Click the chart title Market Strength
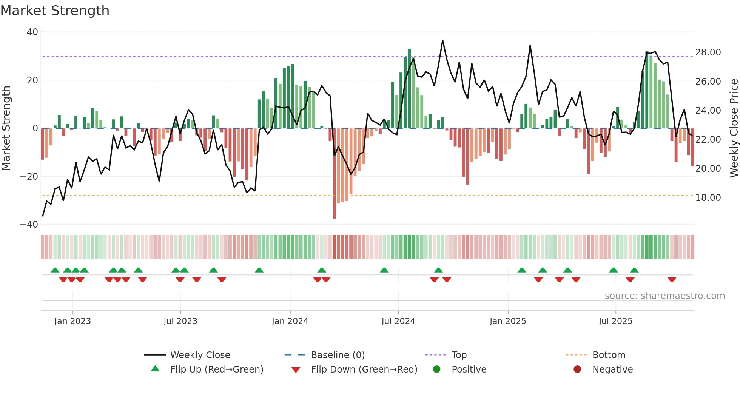(x=55, y=11)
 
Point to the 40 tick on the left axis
(x=32, y=32)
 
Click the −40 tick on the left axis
(x=29, y=225)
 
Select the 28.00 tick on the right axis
(x=708, y=52)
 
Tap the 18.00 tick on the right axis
(x=708, y=198)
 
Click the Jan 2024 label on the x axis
(x=290, y=321)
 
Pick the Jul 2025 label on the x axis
(x=615, y=321)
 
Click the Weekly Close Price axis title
(x=734, y=128)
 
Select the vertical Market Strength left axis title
(x=6, y=128)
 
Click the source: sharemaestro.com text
(x=664, y=296)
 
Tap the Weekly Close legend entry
(x=200, y=355)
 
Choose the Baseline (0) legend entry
(x=338, y=355)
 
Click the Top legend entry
(x=459, y=355)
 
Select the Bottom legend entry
(x=609, y=355)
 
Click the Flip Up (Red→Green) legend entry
(x=216, y=370)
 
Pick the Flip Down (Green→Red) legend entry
(x=364, y=370)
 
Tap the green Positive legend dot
(x=437, y=370)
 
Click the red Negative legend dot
(x=577, y=370)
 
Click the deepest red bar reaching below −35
(x=334, y=174)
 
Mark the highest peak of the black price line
(x=442, y=40)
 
